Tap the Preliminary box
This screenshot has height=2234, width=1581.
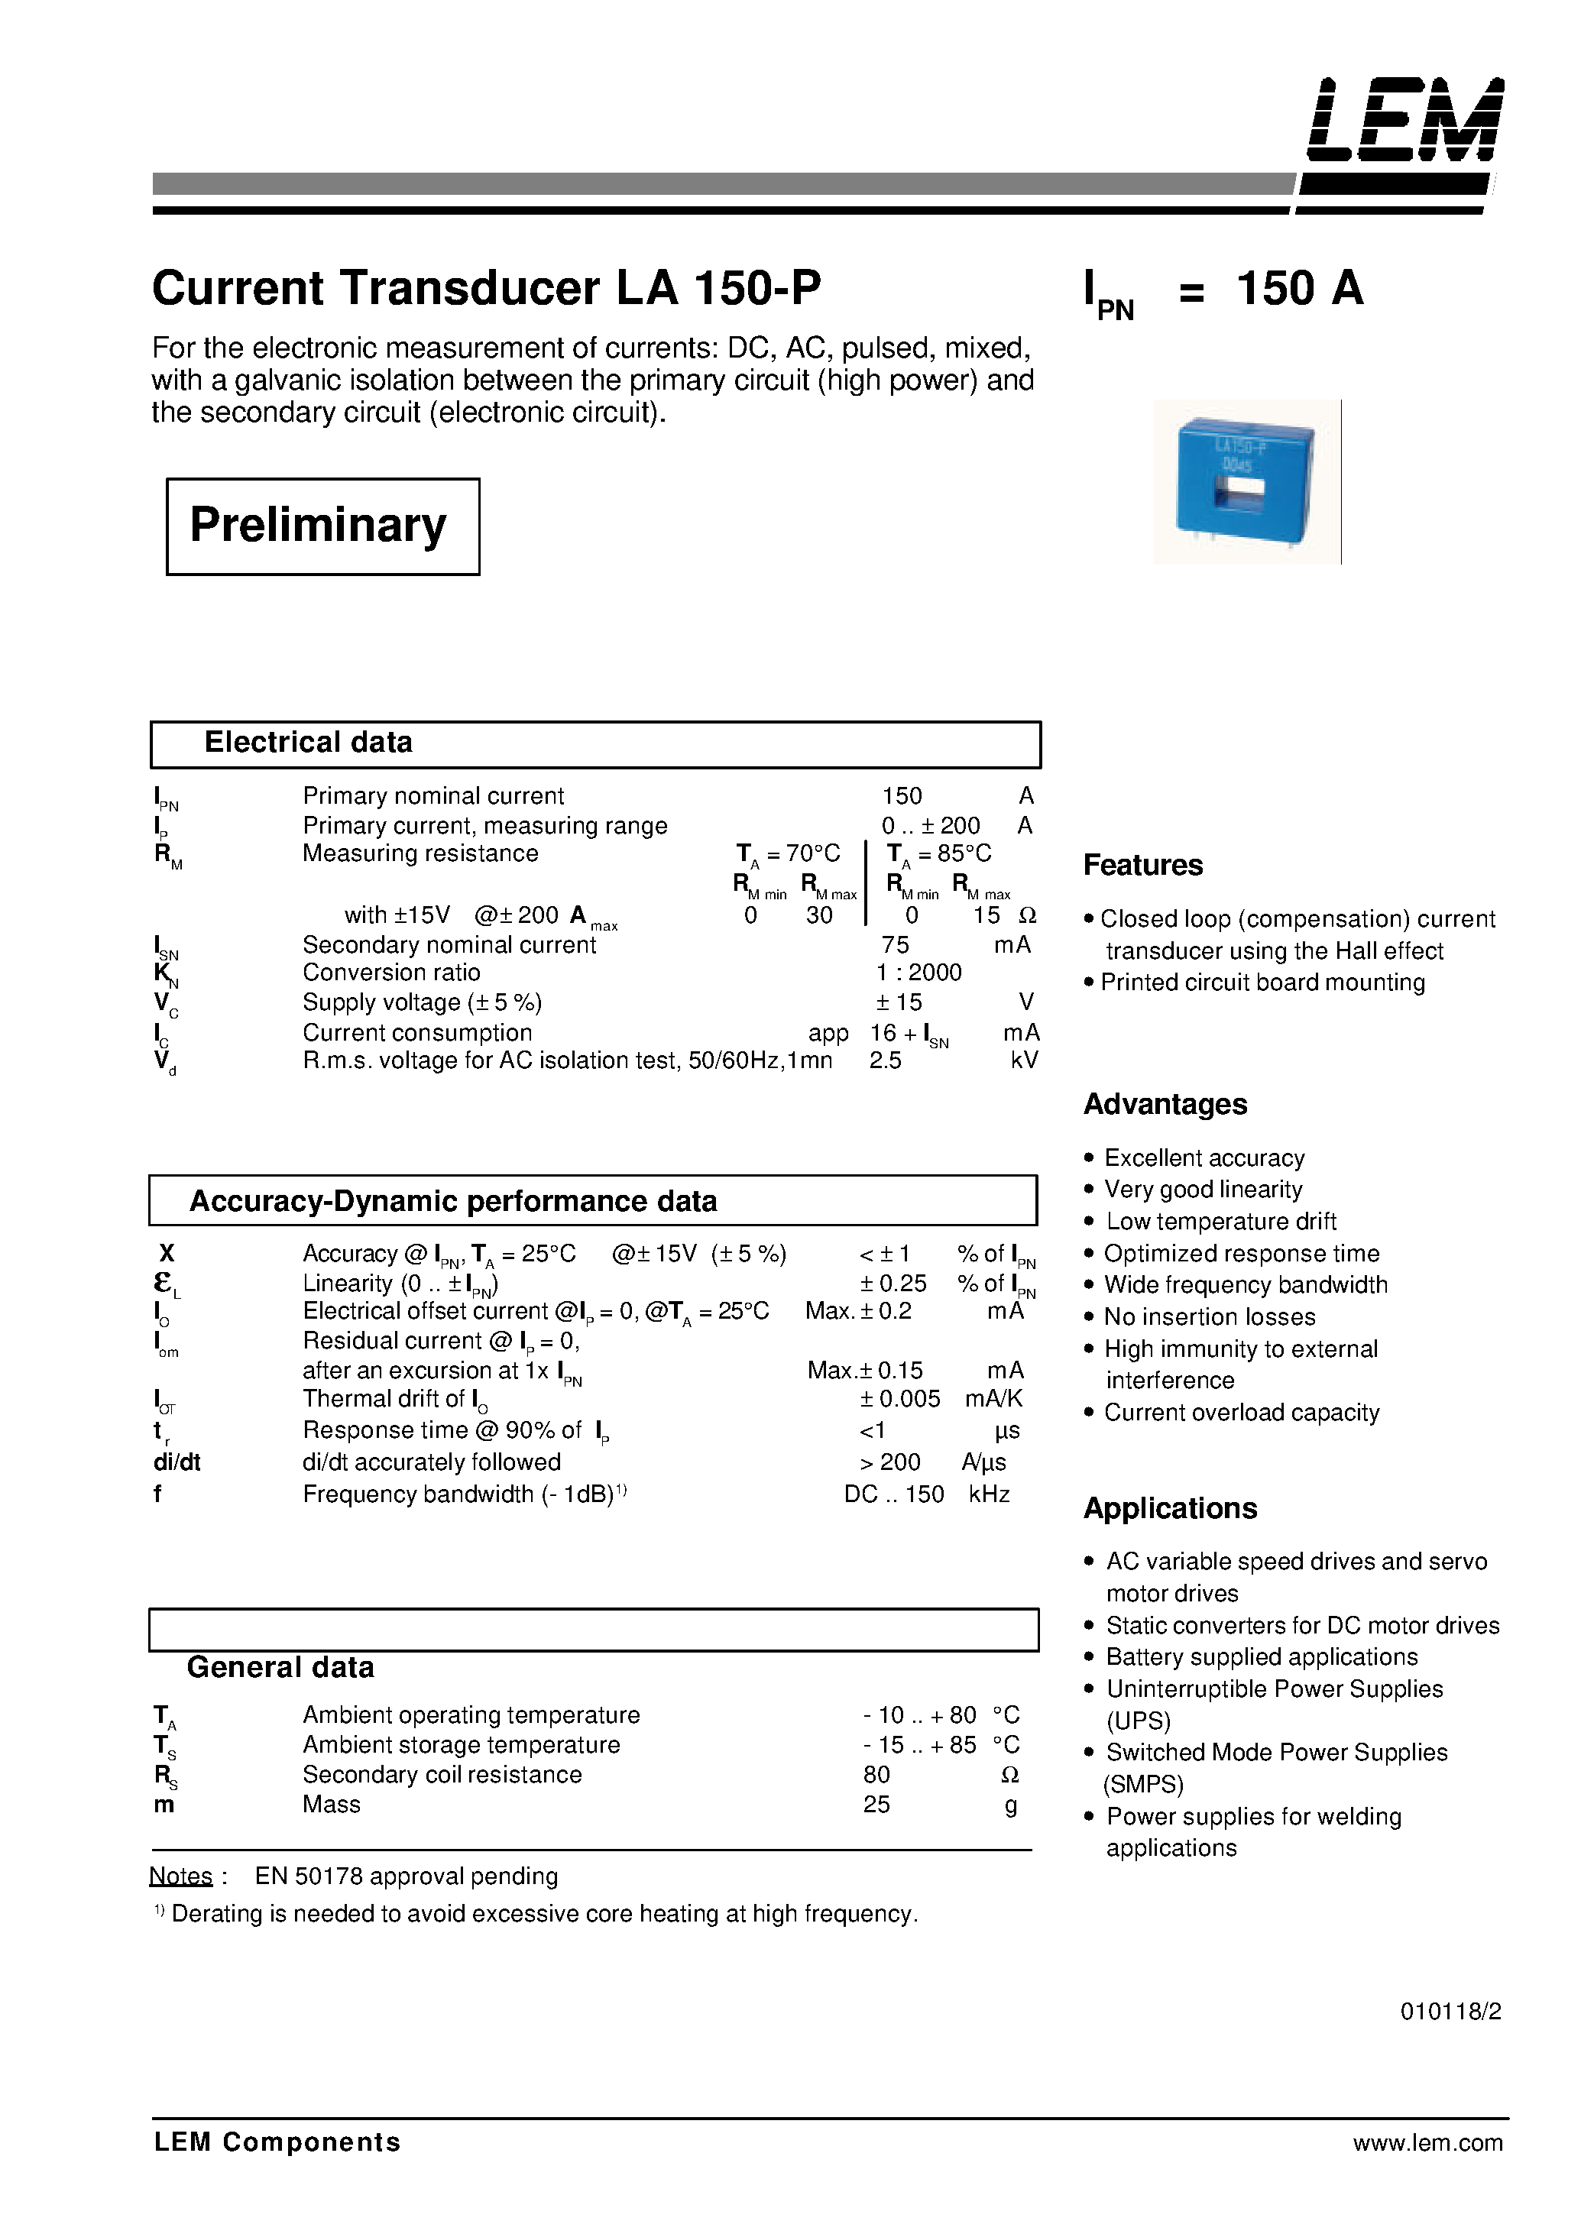point(322,526)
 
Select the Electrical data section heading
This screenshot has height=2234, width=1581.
point(308,743)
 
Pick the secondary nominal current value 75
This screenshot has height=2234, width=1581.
point(895,944)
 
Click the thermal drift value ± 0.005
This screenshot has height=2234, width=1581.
point(899,1399)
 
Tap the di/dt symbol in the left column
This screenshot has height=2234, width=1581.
point(177,1462)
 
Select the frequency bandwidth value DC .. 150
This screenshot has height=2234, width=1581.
point(894,1494)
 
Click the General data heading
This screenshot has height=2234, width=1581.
point(280,1667)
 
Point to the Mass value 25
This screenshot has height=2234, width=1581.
point(876,1805)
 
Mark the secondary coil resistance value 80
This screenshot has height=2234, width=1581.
point(876,1775)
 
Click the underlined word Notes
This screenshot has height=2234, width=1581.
point(181,1876)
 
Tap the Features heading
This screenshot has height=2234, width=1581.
point(1143,866)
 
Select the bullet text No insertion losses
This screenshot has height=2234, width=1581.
point(1209,1317)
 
